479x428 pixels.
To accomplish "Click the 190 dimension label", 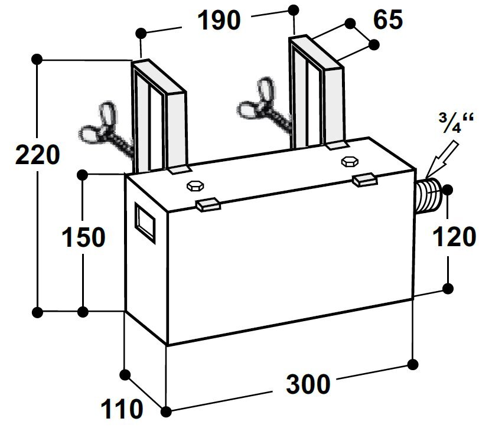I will point(219,20).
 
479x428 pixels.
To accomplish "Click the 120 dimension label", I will point(454,237).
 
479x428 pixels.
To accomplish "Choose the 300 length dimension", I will point(308,385).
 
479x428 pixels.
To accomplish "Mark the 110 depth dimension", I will point(121,407).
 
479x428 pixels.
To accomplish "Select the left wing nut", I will point(101,125).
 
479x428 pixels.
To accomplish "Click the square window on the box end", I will point(146,223).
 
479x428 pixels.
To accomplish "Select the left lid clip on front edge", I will point(207,204).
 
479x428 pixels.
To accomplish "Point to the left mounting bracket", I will point(158,118).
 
